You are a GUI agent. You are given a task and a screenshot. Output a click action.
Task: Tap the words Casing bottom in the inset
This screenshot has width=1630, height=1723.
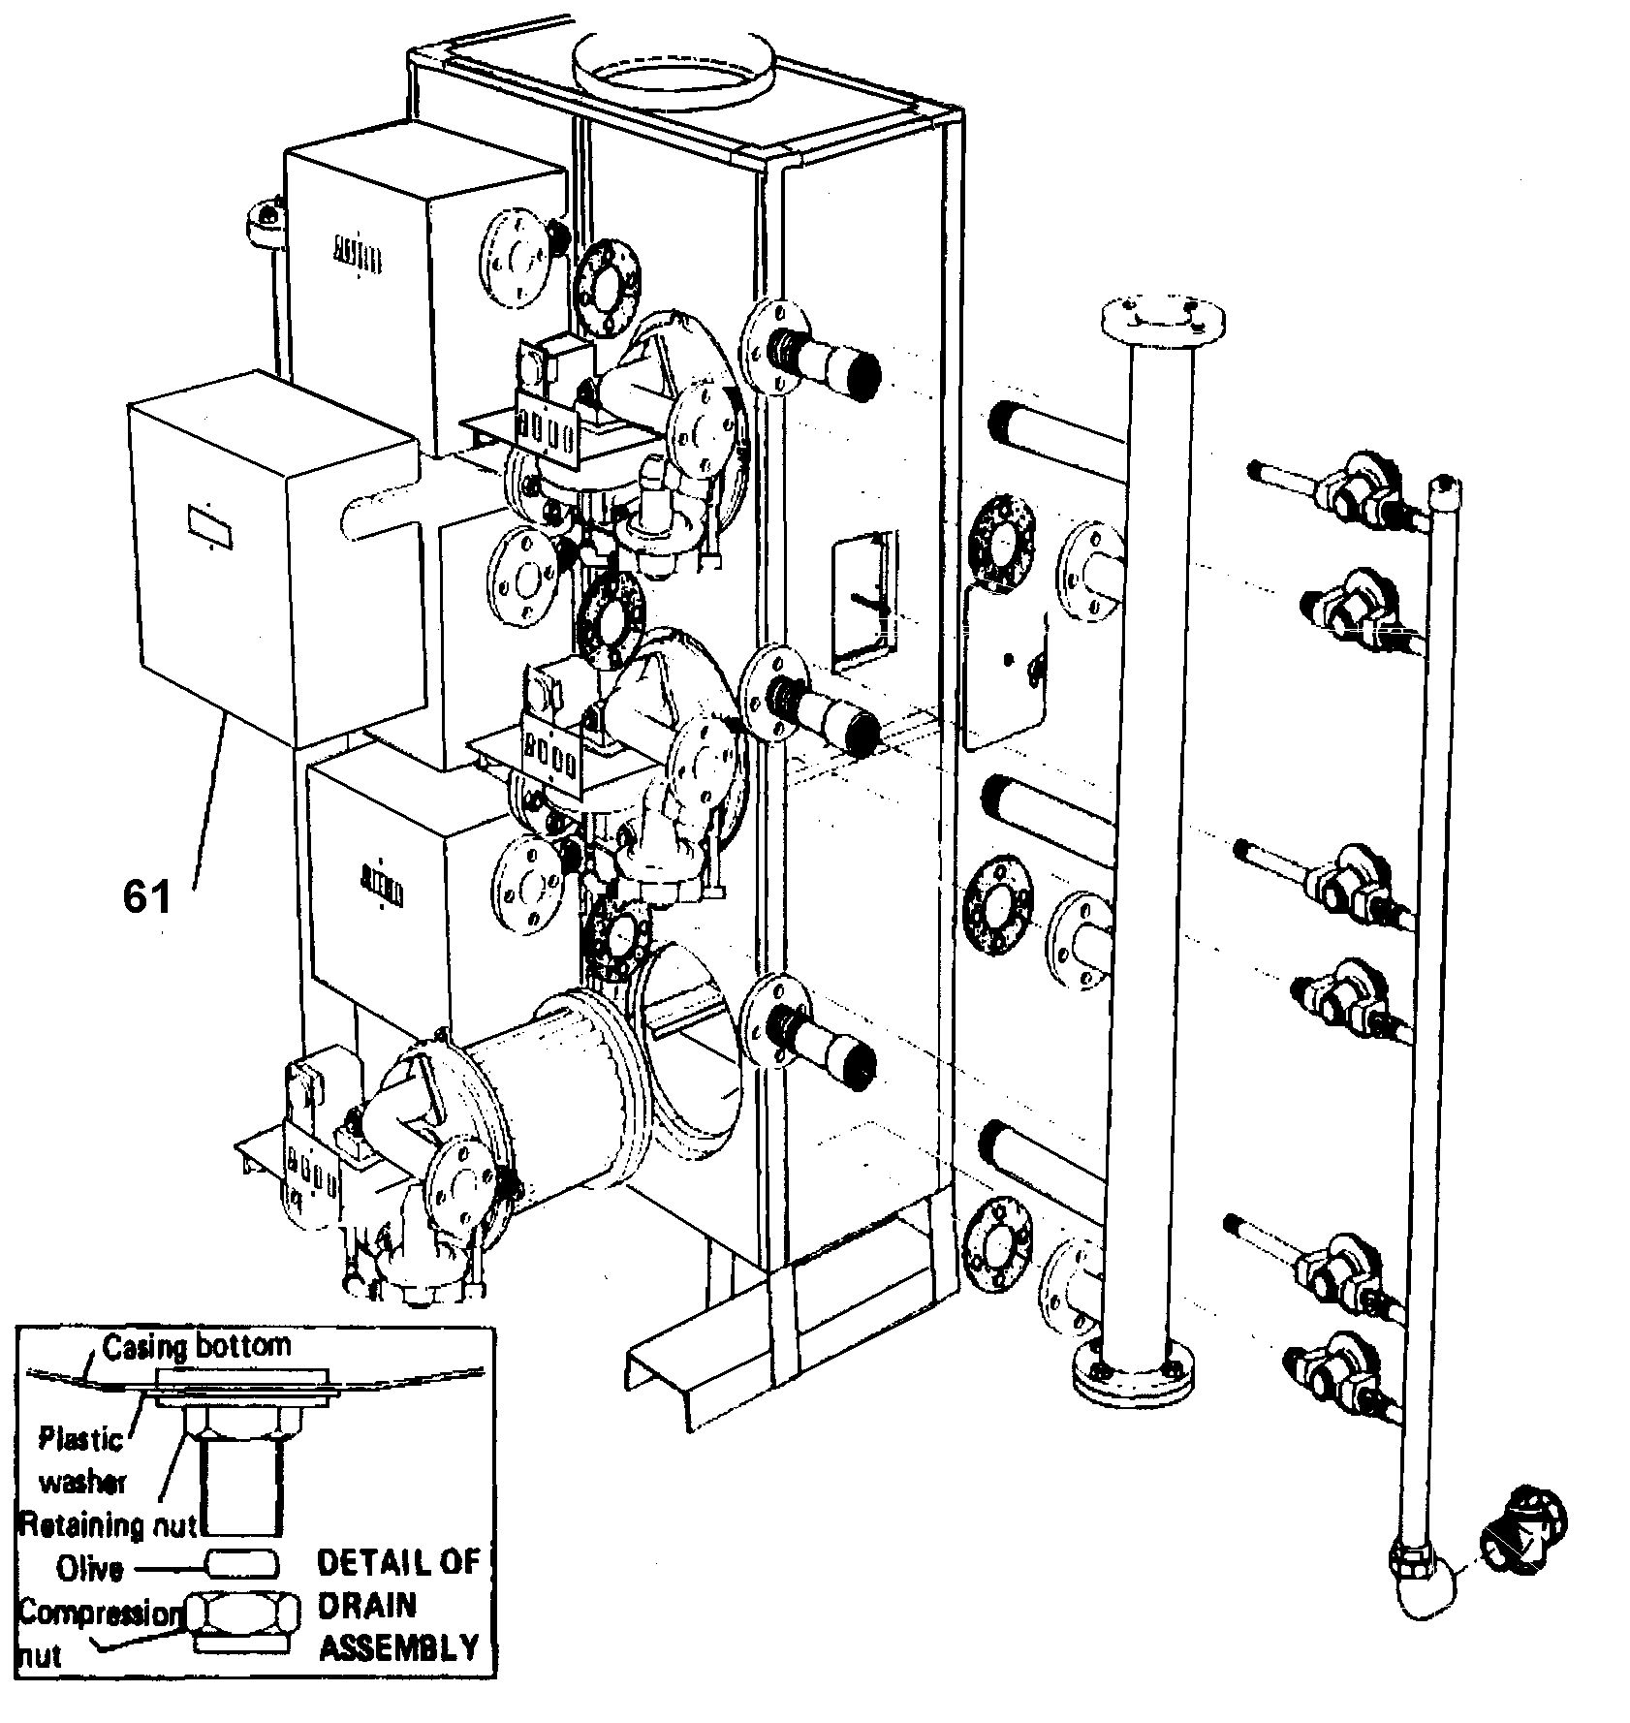coord(196,1346)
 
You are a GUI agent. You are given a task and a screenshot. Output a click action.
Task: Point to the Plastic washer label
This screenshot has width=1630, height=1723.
coord(81,1460)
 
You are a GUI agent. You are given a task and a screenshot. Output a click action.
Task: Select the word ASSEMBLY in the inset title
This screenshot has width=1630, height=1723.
coord(398,1646)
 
